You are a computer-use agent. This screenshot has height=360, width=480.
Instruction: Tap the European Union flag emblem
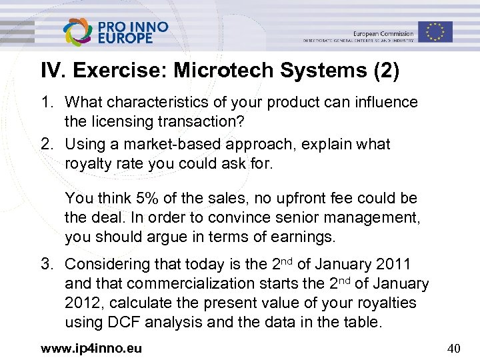(435, 31)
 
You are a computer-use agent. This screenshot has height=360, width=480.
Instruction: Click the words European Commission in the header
(383, 33)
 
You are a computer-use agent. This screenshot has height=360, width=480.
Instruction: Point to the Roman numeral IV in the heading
(52, 71)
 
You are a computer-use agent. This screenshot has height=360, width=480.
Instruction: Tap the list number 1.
(48, 103)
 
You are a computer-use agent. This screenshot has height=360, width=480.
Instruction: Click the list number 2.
(48, 144)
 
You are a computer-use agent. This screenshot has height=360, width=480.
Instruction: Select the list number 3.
(48, 264)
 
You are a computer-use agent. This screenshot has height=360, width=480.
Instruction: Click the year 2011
(393, 264)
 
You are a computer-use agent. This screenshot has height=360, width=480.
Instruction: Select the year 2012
(84, 303)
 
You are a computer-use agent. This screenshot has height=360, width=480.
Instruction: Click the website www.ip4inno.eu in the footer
(92, 348)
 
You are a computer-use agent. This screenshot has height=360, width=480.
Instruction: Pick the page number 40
(454, 348)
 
